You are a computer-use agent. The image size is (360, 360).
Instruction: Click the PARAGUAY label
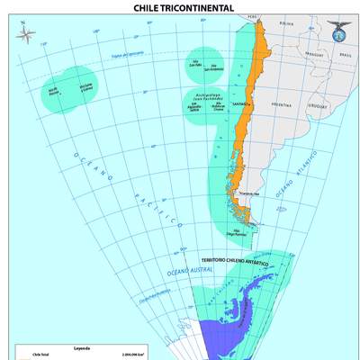coord(313,53)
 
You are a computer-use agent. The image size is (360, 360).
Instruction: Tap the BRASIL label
coord(344,54)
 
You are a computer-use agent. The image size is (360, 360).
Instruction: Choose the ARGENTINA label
coord(281,104)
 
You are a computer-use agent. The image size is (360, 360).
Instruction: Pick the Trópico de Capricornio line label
coord(128,56)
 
